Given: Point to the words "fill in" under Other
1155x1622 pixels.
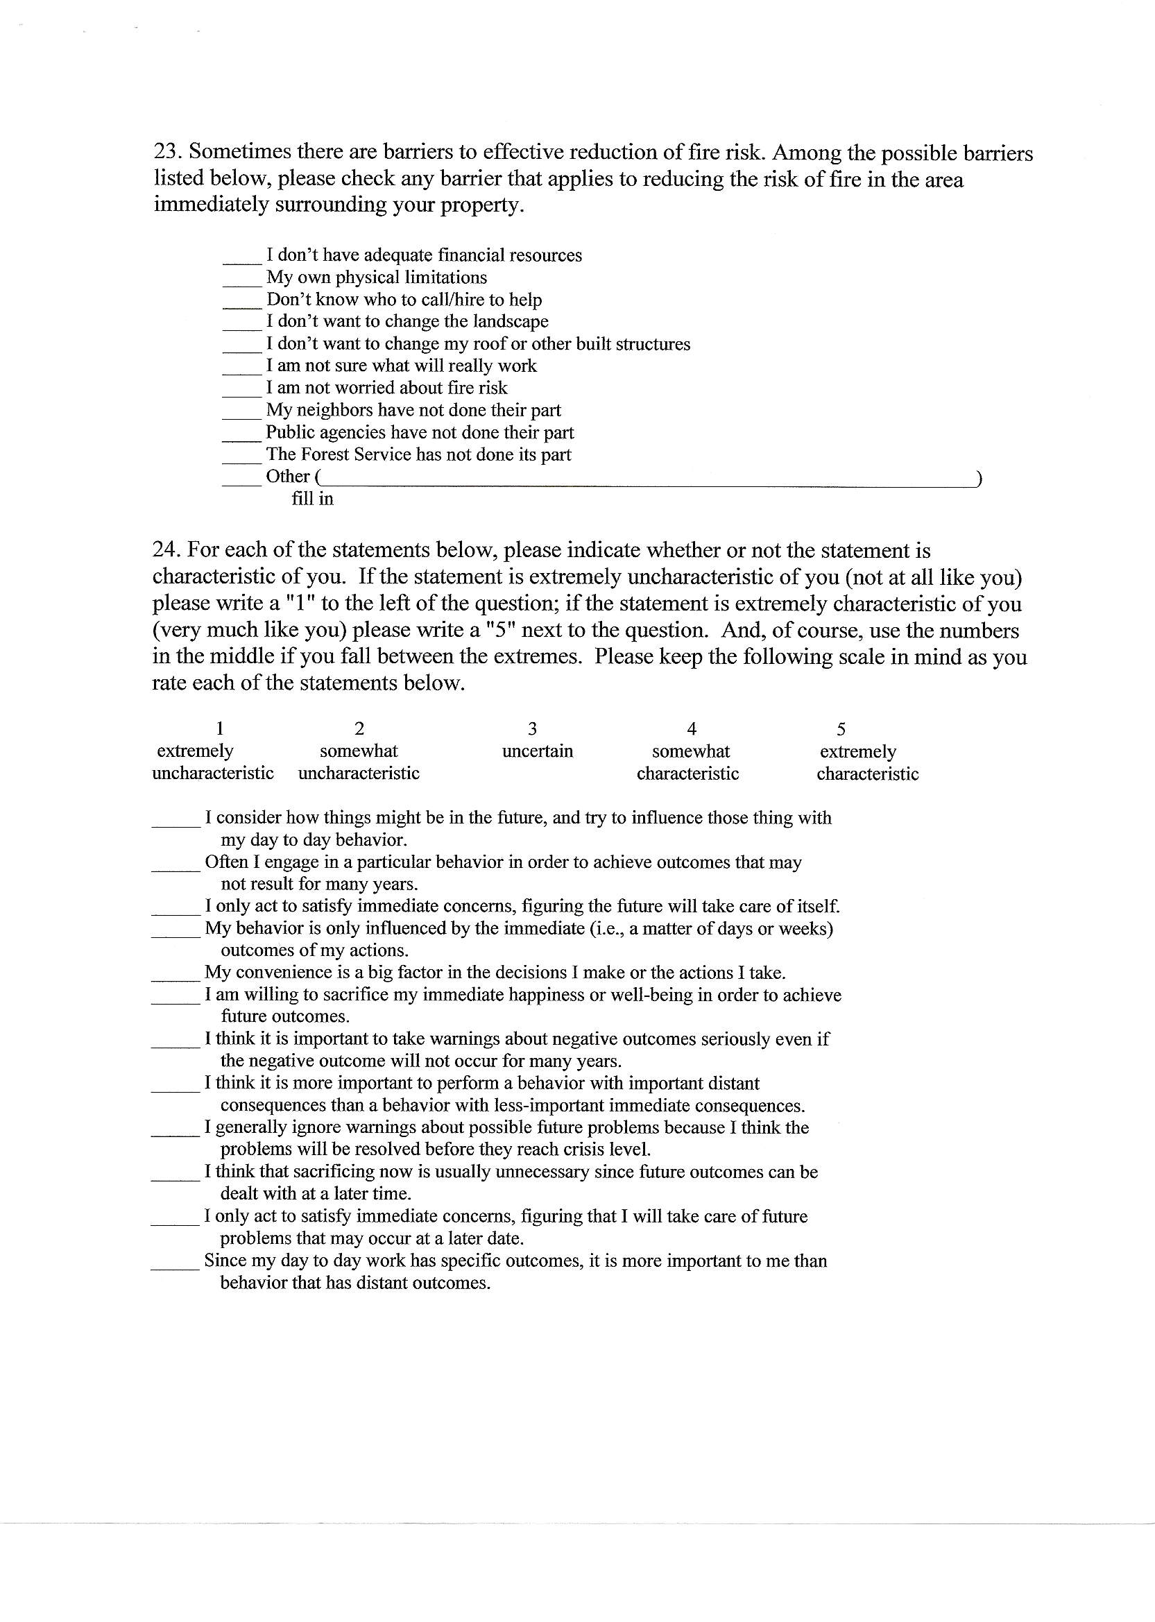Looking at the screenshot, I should pyautogui.click(x=312, y=500).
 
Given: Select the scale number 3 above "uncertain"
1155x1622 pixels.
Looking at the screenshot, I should pyautogui.click(x=532, y=729).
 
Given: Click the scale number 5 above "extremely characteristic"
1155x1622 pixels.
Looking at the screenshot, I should pyautogui.click(x=841, y=729).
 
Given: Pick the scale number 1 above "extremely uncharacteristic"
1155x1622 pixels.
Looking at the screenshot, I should pyautogui.click(x=221, y=729).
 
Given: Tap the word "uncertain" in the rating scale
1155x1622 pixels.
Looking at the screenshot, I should pyautogui.click(x=537, y=751).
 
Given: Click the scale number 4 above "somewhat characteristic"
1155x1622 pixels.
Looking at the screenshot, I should pyautogui.click(x=692, y=729).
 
